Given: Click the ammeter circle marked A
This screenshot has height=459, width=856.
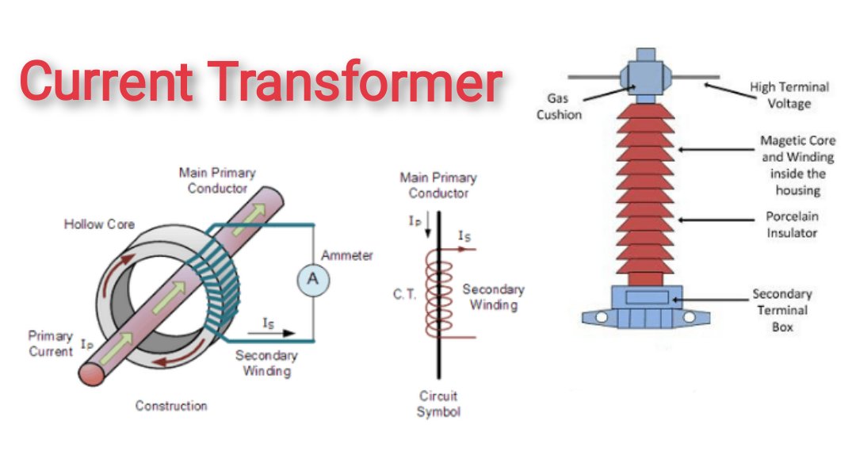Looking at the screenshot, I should coord(313,281).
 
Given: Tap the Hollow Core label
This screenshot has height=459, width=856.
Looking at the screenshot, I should coord(95,224).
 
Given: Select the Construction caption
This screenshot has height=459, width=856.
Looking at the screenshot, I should coord(171,406).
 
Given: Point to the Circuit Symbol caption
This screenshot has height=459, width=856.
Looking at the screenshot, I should coord(438,404).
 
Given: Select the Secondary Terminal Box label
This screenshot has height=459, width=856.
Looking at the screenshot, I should coord(781,310).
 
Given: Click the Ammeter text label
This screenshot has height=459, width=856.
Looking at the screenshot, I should coord(347,256).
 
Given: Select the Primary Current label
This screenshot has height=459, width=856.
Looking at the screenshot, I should coord(51,343).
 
